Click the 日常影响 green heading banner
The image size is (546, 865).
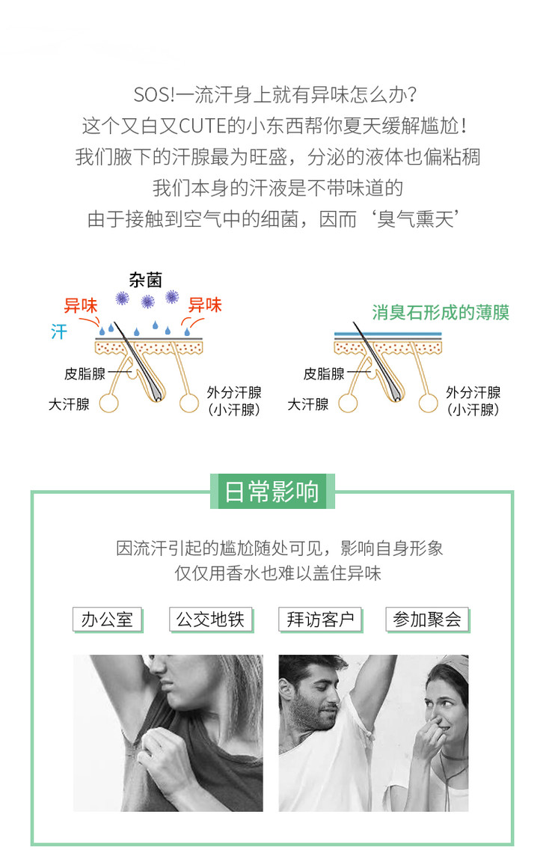(x=272, y=492)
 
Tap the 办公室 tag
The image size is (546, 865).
(x=107, y=620)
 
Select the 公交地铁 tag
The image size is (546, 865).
(x=210, y=620)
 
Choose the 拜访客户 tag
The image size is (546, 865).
(x=319, y=620)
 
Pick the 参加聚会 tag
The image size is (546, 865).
(x=427, y=620)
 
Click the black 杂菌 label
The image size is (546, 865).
(x=145, y=281)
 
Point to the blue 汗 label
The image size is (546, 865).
(x=59, y=331)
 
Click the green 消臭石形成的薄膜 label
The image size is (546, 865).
(x=441, y=312)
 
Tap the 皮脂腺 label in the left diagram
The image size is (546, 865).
(x=85, y=374)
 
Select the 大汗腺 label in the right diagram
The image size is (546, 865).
(x=308, y=404)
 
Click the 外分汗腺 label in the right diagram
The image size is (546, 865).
(x=473, y=392)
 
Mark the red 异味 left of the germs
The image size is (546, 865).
(x=80, y=305)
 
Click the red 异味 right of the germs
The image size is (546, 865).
(x=204, y=305)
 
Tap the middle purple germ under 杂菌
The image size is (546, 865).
(x=148, y=302)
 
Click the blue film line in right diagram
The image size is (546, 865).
(x=386, y=334)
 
